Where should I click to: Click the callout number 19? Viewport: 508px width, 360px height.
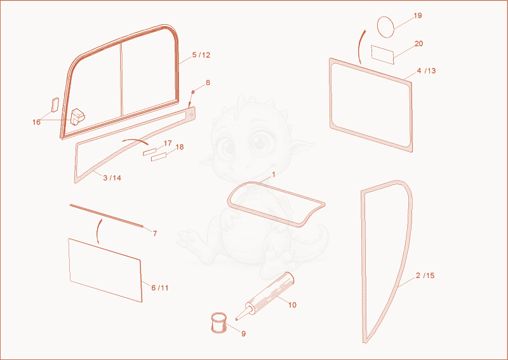[x=418, y=15]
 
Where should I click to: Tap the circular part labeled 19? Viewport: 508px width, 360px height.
[x=385, y=27]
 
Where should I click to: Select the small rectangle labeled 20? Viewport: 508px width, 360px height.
[x=383, y=55]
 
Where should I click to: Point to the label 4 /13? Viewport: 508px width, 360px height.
[x=426, y=70]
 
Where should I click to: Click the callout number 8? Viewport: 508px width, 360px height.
[x=208, y=83]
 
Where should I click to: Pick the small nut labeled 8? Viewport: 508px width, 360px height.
[x=193, y=92]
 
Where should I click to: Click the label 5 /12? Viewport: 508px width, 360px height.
[x=201, y=55]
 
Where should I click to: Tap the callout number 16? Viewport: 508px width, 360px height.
[x=36, y=122]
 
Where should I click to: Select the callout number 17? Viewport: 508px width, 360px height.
[x=168, y=143]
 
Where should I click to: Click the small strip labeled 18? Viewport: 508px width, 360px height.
[x=158, y=157]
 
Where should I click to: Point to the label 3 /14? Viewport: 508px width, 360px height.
[x=112, y=178]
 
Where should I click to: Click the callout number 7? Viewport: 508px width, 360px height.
[x=155, y=234]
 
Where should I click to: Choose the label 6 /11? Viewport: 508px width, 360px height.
[x=160, y=288]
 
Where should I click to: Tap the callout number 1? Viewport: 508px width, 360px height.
[x=274, y=175]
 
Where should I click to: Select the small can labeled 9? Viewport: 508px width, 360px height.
[x=218, y=323]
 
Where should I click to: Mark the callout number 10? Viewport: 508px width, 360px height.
[x=292, y=305]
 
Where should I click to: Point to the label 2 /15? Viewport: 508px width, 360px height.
[x=425, y=276]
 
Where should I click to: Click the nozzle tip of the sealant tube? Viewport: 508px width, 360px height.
[x=236, y=320]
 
